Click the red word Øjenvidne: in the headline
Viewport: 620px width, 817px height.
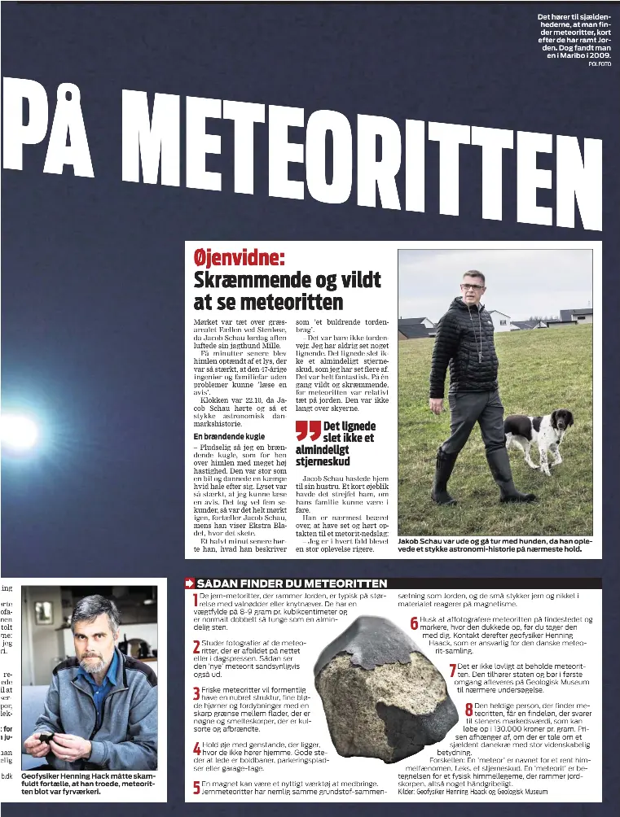(x=239, y=259)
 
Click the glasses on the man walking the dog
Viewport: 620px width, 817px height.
(x=472, y=286)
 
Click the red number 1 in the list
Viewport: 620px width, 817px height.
(x=195, y=602)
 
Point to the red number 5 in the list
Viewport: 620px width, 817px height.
(x=196, y=788)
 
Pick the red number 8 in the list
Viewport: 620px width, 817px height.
(x=469, y=710)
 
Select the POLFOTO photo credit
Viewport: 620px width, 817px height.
(x=599, y=63)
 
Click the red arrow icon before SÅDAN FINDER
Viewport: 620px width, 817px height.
(x=189, y=583)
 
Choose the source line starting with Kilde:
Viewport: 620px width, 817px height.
(x=473, y=790)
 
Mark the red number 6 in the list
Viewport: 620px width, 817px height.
(x=414, y=623)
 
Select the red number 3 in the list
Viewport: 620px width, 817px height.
(x=196, y=694)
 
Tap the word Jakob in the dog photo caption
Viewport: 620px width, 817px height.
(x=410, y=541)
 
